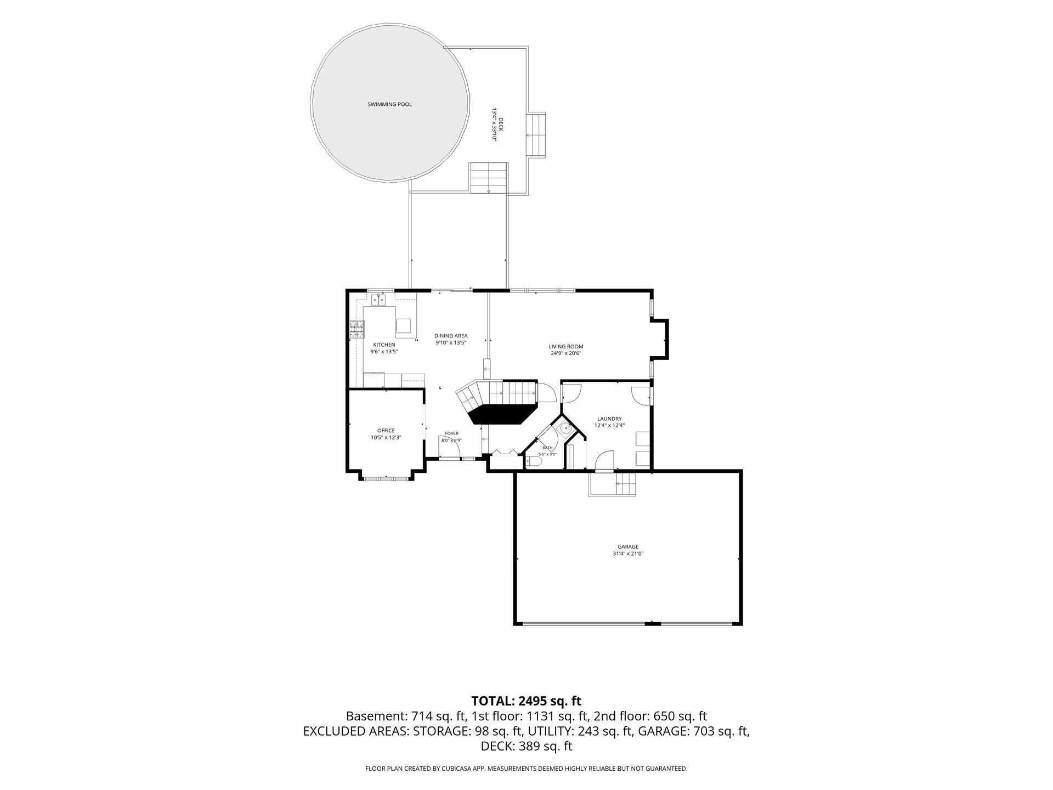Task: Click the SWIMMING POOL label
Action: [389, 104]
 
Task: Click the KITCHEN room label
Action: [384, 345]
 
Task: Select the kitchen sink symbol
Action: [378, 300]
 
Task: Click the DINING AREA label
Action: [451, 336]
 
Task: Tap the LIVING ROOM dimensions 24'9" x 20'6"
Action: [566, 353]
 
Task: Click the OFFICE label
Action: [386, 431]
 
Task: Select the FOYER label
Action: [451, 433]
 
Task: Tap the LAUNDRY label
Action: [609, 419]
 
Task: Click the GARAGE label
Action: [628, 546]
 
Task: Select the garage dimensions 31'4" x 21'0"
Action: [628, 554]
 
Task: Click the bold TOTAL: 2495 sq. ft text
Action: [526, 701]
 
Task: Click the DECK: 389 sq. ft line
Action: [526, 746]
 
